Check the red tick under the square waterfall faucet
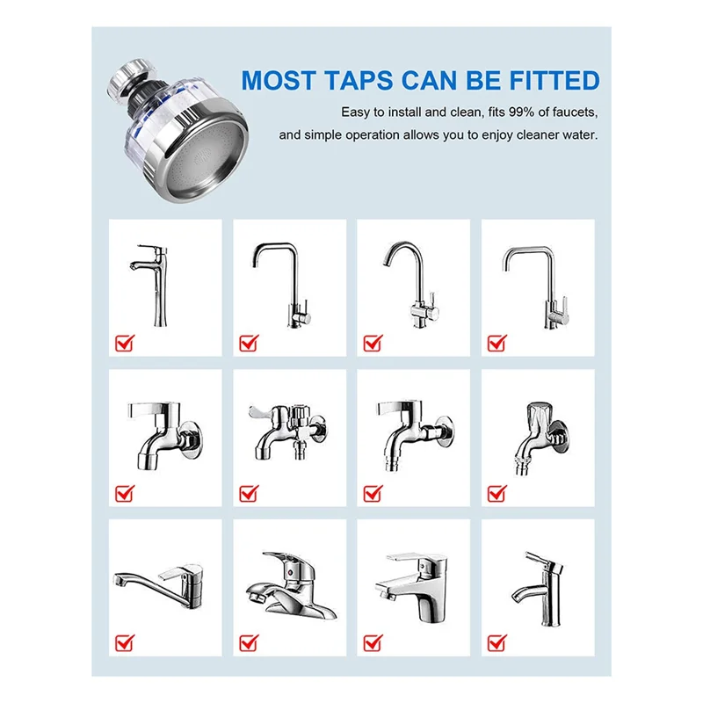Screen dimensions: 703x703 [373, 641]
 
